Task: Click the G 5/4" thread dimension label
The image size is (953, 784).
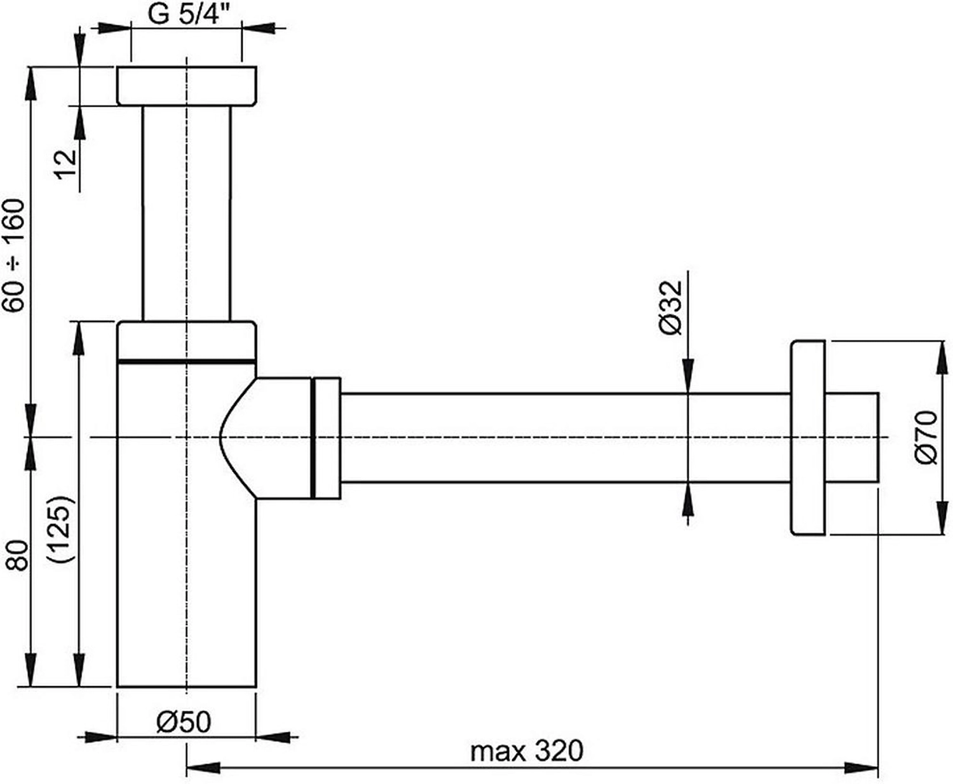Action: click(189, 15)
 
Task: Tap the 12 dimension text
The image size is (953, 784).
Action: click(67, 165)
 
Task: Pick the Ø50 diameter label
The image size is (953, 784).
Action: click(184, 722)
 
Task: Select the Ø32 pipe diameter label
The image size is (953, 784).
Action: click(670, 308)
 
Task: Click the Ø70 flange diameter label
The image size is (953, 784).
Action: click(926, 437)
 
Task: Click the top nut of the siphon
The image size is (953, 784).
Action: click(187, 86)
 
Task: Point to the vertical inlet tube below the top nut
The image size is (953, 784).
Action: click(186, 213)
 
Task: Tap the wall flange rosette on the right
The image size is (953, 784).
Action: click(808, 437)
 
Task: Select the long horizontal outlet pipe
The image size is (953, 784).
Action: click(565, 438)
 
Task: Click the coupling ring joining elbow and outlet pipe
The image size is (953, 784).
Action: click(327, 438)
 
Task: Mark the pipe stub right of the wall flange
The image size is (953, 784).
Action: click(852, 436)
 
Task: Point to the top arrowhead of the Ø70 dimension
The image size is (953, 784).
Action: click(942, 358)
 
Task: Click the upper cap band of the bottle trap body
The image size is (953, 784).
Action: click(187, 342)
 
